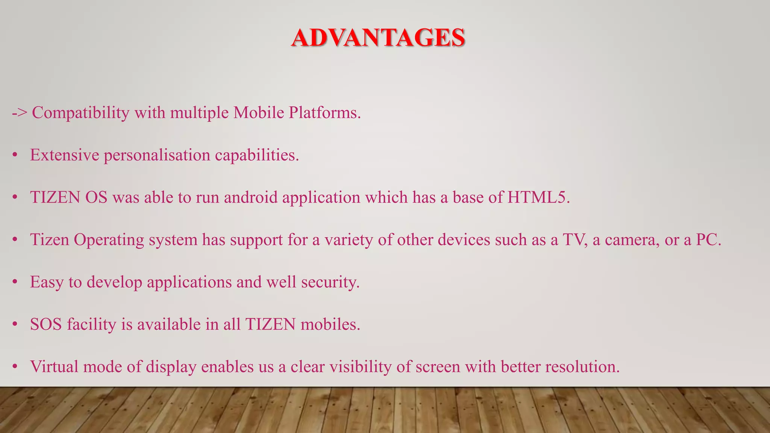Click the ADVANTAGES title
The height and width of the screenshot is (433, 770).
click(x=378, y=38)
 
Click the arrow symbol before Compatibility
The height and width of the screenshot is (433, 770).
click(x=19, y=113)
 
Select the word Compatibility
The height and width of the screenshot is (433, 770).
click(x=80, y=113)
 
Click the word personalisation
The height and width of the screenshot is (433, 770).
click(x=157, y=155)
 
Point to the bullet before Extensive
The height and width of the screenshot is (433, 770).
click(x=15, y=155)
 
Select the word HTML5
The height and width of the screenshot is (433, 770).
click(x=538, y=198)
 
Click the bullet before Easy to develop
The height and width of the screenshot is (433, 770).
click(x=15, y=282)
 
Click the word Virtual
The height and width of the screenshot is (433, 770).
click(x=54, y=367)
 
